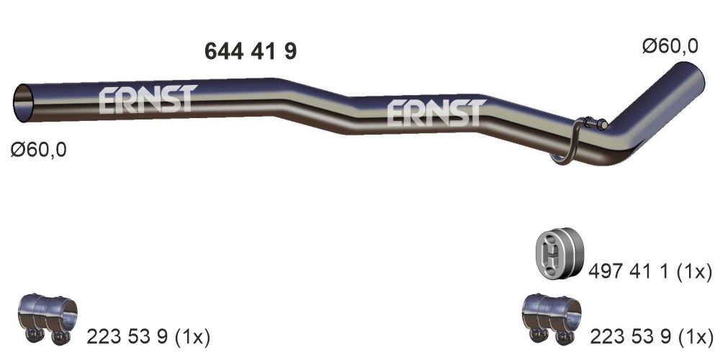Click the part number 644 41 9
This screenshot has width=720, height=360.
click(x=251, y=51)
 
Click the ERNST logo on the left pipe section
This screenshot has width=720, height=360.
click(x=146, y=100)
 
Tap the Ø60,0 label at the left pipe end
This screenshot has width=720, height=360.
click(x=39, y=150)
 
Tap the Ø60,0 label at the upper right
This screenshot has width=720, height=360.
click(x=670, y=46)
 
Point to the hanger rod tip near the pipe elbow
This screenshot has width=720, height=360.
click(x=603, y=125)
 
